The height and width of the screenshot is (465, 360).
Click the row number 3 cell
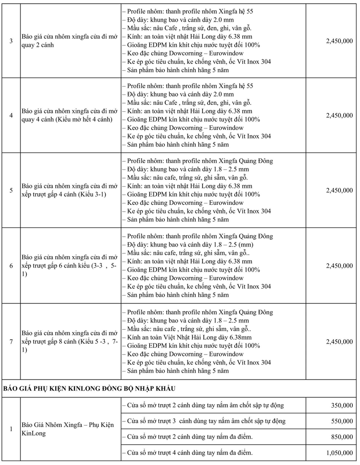pos(11,41)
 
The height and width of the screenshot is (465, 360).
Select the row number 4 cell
pos(11,115)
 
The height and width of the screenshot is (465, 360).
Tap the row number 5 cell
pos(11,190)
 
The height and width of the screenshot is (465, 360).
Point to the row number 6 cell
pos(11,266)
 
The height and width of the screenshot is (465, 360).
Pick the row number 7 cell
pos(11,341)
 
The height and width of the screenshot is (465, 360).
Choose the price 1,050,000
pos(339,453)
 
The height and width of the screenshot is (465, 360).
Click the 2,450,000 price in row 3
pos(339,41)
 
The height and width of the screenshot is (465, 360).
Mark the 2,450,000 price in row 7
pos(339,341)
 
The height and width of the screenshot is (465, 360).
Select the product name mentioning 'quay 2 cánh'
pos(69,41)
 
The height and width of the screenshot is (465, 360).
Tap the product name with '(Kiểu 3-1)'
pos(69,190)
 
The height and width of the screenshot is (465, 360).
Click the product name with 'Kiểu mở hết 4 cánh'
pos(69,115)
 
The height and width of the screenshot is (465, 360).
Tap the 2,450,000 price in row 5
pos(339,190)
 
